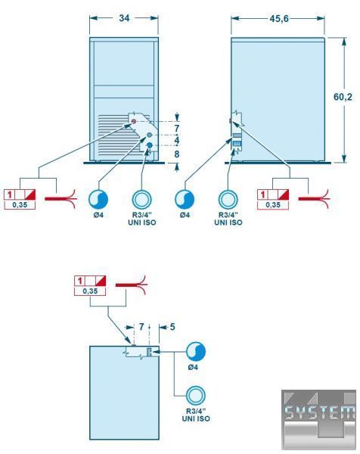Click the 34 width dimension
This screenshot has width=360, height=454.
point(124,18)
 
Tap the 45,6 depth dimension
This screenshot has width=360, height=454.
point(279,18)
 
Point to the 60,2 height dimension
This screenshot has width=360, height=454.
point(343,97)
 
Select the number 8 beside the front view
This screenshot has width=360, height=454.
point(176,154)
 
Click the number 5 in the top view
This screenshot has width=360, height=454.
point(172,327)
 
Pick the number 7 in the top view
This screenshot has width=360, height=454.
point(141,327)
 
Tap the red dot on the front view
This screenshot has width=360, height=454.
point(134,121)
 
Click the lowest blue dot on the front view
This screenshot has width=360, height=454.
point(149,145)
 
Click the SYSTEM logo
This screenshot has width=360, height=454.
point(318,420)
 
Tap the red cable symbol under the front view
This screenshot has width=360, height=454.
point(61,198)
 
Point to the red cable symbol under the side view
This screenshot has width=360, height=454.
point(315,198)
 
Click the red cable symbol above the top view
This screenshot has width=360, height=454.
point(132,285)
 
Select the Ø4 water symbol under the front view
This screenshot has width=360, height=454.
point(98,199)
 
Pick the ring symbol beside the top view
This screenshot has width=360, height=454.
point(196,395)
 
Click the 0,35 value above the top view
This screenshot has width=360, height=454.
point(90,291)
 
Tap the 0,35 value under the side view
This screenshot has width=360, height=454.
point(273,205)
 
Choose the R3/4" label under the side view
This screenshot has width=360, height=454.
point(228,215)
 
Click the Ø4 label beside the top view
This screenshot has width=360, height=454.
point(193,367)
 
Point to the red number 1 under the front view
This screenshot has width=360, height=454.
point(9,194)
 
